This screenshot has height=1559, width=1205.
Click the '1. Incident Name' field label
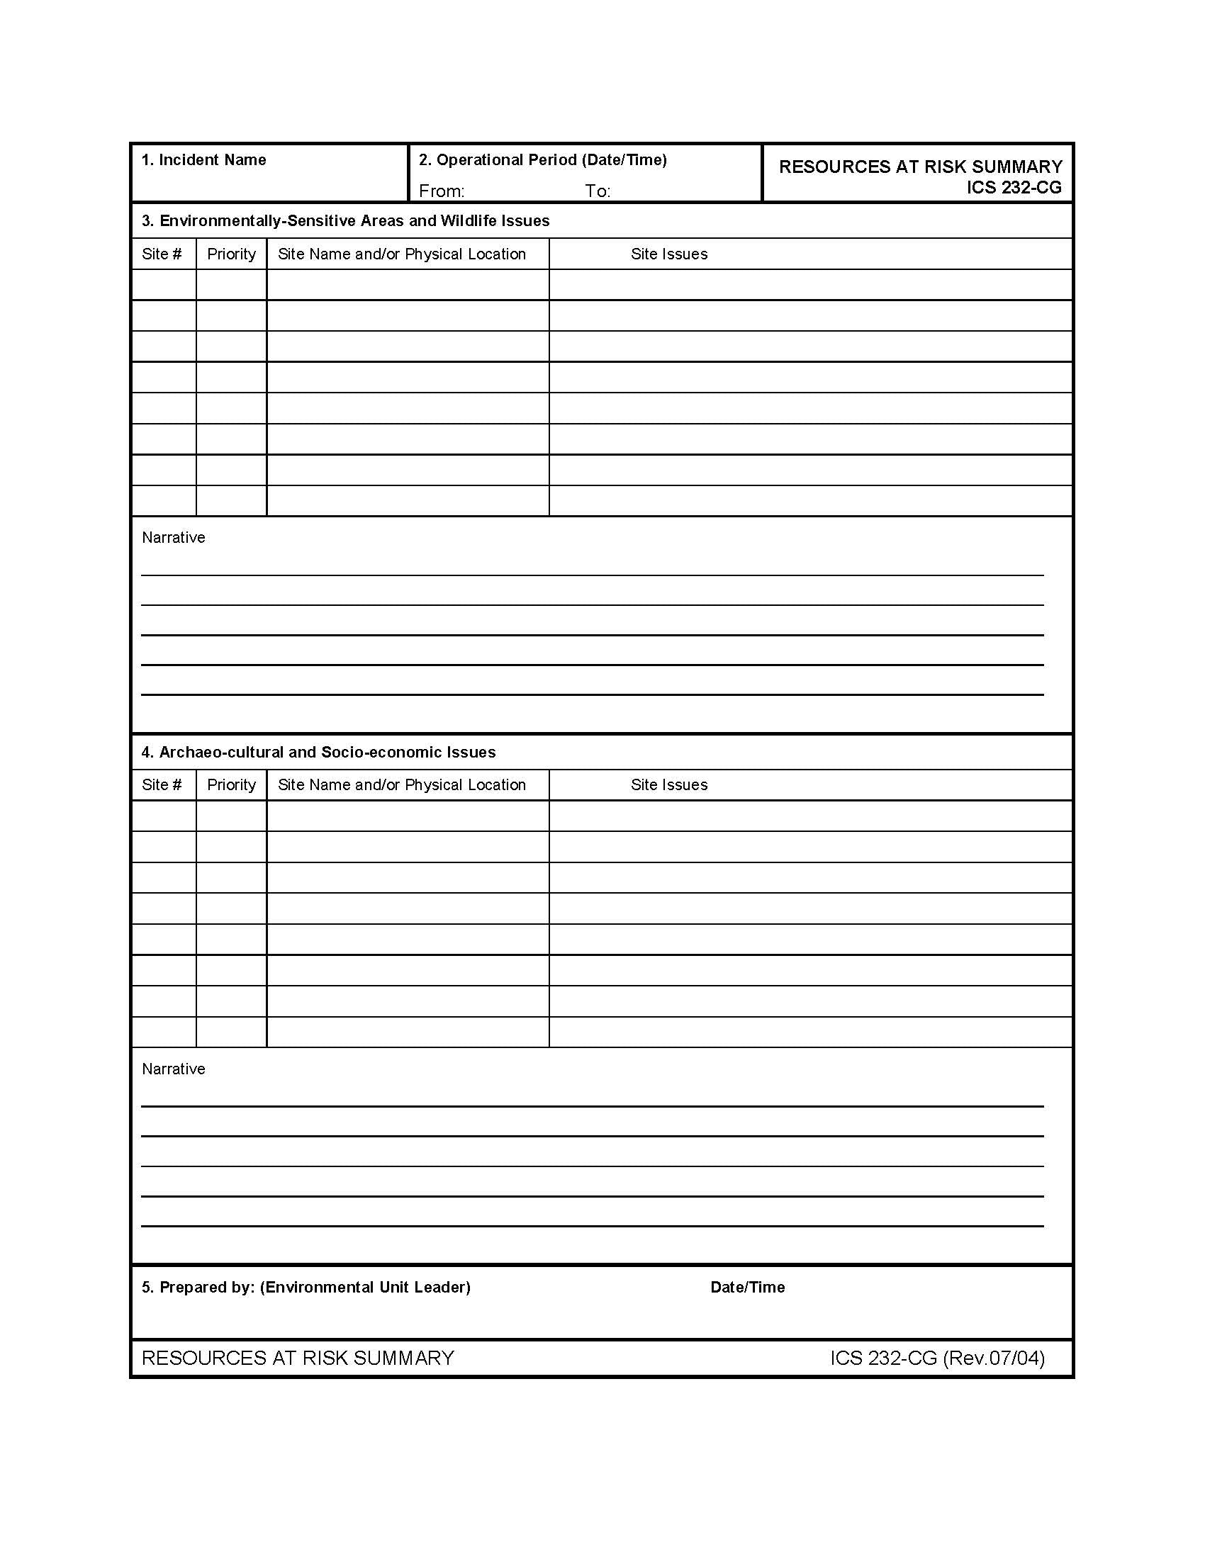coord(203,160)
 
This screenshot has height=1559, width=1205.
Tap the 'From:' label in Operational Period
coord(441,191)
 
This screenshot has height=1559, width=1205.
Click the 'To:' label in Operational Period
coord(598,191)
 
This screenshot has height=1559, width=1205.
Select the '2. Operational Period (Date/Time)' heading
coord(542,160)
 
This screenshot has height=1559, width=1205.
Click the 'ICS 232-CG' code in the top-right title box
coord(1014,188)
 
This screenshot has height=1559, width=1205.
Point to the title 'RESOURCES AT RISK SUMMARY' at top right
coord(920,167)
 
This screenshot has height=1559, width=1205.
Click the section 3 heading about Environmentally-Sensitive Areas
coord(345,221)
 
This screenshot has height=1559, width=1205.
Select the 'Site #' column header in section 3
coord(162,254)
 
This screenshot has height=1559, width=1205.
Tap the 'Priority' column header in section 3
coord(231,254)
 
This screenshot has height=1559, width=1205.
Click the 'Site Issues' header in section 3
coord(669,254)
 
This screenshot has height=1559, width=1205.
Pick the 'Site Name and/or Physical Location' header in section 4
coord(402,785)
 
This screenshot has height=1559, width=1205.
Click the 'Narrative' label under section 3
coord(174,538)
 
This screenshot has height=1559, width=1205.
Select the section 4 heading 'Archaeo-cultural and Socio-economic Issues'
coord(318,753)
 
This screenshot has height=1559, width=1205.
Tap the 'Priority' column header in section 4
coord(231,785)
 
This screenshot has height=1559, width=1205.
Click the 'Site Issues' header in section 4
coord(669,785)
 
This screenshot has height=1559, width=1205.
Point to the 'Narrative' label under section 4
coord(174,1069)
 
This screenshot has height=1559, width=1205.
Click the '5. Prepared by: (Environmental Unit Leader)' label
coord(306,1287)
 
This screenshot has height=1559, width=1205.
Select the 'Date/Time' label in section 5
coord(747,1287)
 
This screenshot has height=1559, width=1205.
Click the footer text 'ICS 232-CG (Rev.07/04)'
coord(936,1358)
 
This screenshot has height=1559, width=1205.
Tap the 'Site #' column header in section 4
coord(162,785)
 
